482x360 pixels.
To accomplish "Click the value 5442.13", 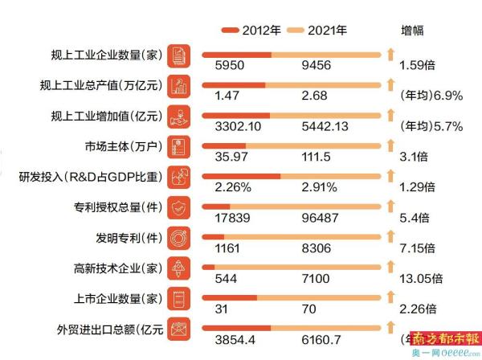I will point(325,125).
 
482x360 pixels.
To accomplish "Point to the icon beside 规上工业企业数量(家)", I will point(180,55).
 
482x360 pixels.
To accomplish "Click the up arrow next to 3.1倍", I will point(390,145).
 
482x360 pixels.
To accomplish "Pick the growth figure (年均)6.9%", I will point(431,95).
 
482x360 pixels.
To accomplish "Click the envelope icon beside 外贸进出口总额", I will point(180,329).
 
